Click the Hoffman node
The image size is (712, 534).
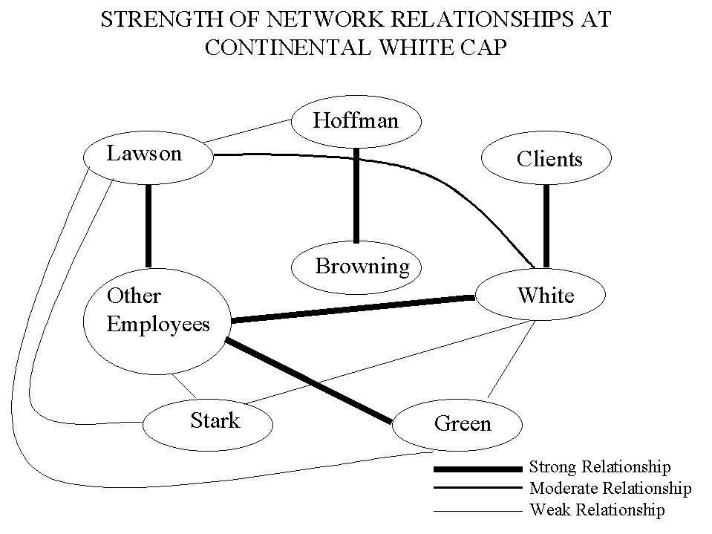[x=356, y=121]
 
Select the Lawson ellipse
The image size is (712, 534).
[x=148, y=157]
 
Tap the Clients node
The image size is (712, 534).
[x=546, y=158]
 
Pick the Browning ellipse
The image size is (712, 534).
[x=356, y=267]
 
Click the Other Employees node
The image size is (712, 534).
[x=157, y=322]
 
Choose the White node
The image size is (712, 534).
[x=540, y=294]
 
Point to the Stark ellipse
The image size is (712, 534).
[x=208, y=425]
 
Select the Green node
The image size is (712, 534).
[x=457, y=425]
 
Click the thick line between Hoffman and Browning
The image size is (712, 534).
[x=356, y=195]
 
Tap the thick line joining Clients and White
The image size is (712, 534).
[x=546, y=226]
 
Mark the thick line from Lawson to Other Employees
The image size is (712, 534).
[x=148, y=226]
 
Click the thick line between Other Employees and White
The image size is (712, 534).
[x=353, y=310]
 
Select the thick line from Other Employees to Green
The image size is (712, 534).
[x=308, y=380]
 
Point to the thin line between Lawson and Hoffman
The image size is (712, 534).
[x=246, y=131]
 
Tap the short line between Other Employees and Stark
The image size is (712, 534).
[x=184, y=386]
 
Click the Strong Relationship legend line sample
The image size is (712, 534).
[x=477, y=469]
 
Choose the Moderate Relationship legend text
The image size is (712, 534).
[x=610, y=489]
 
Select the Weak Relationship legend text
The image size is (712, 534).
[x=597, y=510]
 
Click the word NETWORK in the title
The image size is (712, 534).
[x=325, y=19]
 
